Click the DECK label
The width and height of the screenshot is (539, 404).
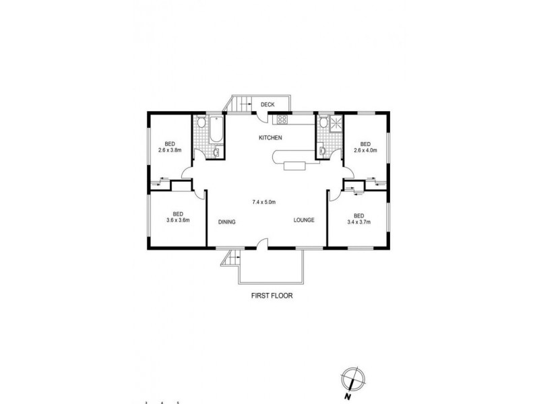coord(267,104)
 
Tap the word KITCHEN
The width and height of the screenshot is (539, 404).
coord(269,138)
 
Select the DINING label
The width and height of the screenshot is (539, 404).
coord(226,222)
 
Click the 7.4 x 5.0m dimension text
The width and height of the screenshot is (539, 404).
coord(265,202)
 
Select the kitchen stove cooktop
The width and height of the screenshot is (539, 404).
coord(281,121)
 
